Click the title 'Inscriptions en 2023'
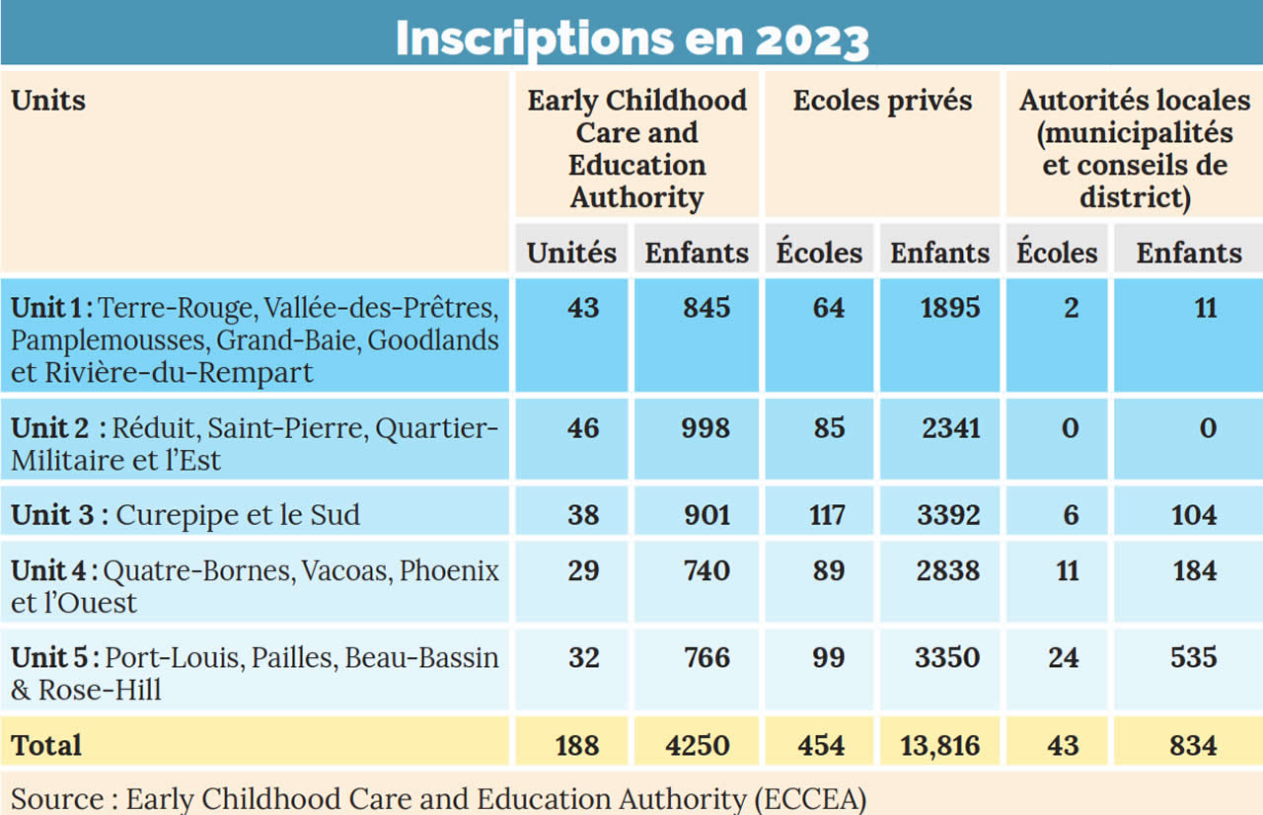[x=631, y=37]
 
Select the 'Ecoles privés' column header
[x=882, y=101]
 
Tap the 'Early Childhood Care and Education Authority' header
[x=636, y=148]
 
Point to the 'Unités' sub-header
[x=571, y=253]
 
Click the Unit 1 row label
[x=255, y=339]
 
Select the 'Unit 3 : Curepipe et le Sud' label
[x=186, y=515]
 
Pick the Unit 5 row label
[x=255, y=673]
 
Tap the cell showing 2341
[x=946, y=427]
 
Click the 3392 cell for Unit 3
[x=946, y=515]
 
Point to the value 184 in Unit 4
[x=1194, y=570]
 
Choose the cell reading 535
[x=1194, y=657]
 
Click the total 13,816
[x=939, y=745]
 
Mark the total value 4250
[x=698, y=745]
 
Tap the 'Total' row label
[x=46, y=745]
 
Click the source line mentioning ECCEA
[x=439, y=797]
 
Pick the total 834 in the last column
[x=1192, y=745]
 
